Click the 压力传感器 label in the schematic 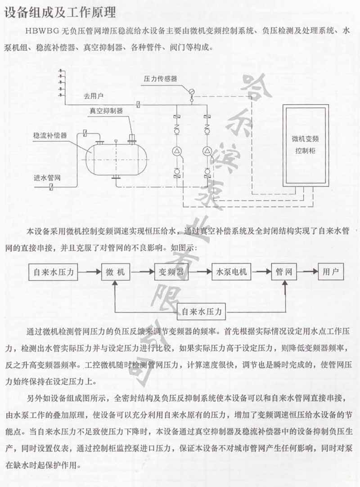(160, 78)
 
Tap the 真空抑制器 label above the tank (106, 110)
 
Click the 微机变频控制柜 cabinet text (304, 145)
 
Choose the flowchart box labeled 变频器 (171, 272)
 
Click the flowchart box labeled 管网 (284, 272)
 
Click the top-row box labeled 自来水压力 (54, 272)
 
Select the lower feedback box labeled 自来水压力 (202, 311)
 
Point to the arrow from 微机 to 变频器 (142, 272)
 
